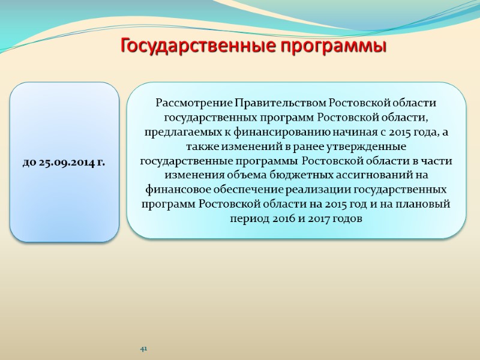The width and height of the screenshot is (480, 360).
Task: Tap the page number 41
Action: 143,349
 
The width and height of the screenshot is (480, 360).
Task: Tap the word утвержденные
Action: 363,146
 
